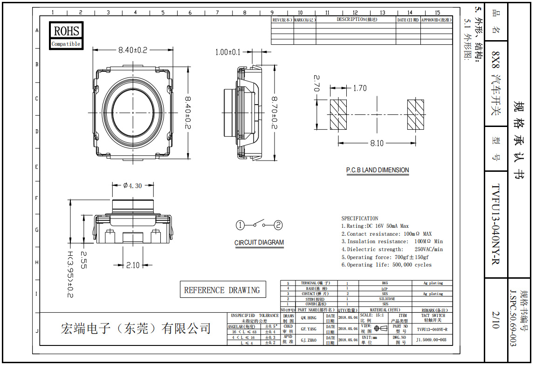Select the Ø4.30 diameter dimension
pyautogui.click(x=133, y=185)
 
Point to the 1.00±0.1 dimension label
pyautogui.click(x=228, y=52)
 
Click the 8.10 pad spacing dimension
pyautogui.click(x=377, y=143)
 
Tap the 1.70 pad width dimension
pyautogui.click(x=360, y=88)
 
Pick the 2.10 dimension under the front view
pyautogui.click(x=133, y=265)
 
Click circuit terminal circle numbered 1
pyautogui.click(x=240, y=225)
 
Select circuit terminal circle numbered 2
pyautogui.click(x=278, y=225)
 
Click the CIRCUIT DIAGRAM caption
pyautogui.click(x=259, y=242)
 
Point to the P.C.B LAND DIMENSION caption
pyautogui.click(x=378, y=170)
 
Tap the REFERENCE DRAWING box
pyautogui.click(x=222, y=290)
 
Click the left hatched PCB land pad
pyautogui.click(x=337, y=114)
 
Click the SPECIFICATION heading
pyautogui.click(x=360, y=218)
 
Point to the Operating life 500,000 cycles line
pyautogui.click(x=386, y=265)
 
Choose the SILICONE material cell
pyautogui.click(x=385, y=299)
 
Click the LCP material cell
pyautogui.click(x=385, y=289)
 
